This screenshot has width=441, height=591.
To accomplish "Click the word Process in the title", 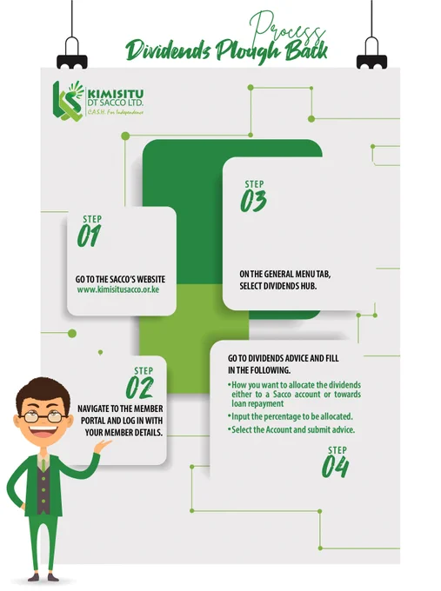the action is point(287,29).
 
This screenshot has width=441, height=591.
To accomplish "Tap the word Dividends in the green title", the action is point(168,50).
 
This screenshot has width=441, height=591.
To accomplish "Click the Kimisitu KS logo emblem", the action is point(68,101).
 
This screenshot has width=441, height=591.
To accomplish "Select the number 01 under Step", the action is point(90,236).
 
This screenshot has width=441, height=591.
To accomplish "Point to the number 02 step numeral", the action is point(140,388).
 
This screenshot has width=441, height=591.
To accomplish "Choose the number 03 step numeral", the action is point(253,201).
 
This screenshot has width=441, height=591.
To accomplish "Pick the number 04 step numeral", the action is point(336,467).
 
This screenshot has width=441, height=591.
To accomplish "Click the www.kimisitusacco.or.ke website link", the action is point(118,289).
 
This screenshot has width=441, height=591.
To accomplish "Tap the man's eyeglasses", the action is point(43,416).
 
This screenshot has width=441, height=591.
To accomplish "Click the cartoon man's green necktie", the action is point(43,465).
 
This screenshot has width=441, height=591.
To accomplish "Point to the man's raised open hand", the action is point(103,446).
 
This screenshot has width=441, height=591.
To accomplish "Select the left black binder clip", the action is point(72,53).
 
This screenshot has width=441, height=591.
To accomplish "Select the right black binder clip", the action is point(371,53).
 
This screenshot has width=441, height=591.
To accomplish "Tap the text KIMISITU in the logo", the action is point(116,94).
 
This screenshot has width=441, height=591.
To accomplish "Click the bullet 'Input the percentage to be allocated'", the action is point(291,416).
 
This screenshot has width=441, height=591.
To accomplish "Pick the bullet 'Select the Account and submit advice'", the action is point(291,429).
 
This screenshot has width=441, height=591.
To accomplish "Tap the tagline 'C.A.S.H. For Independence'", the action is point(116,112).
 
